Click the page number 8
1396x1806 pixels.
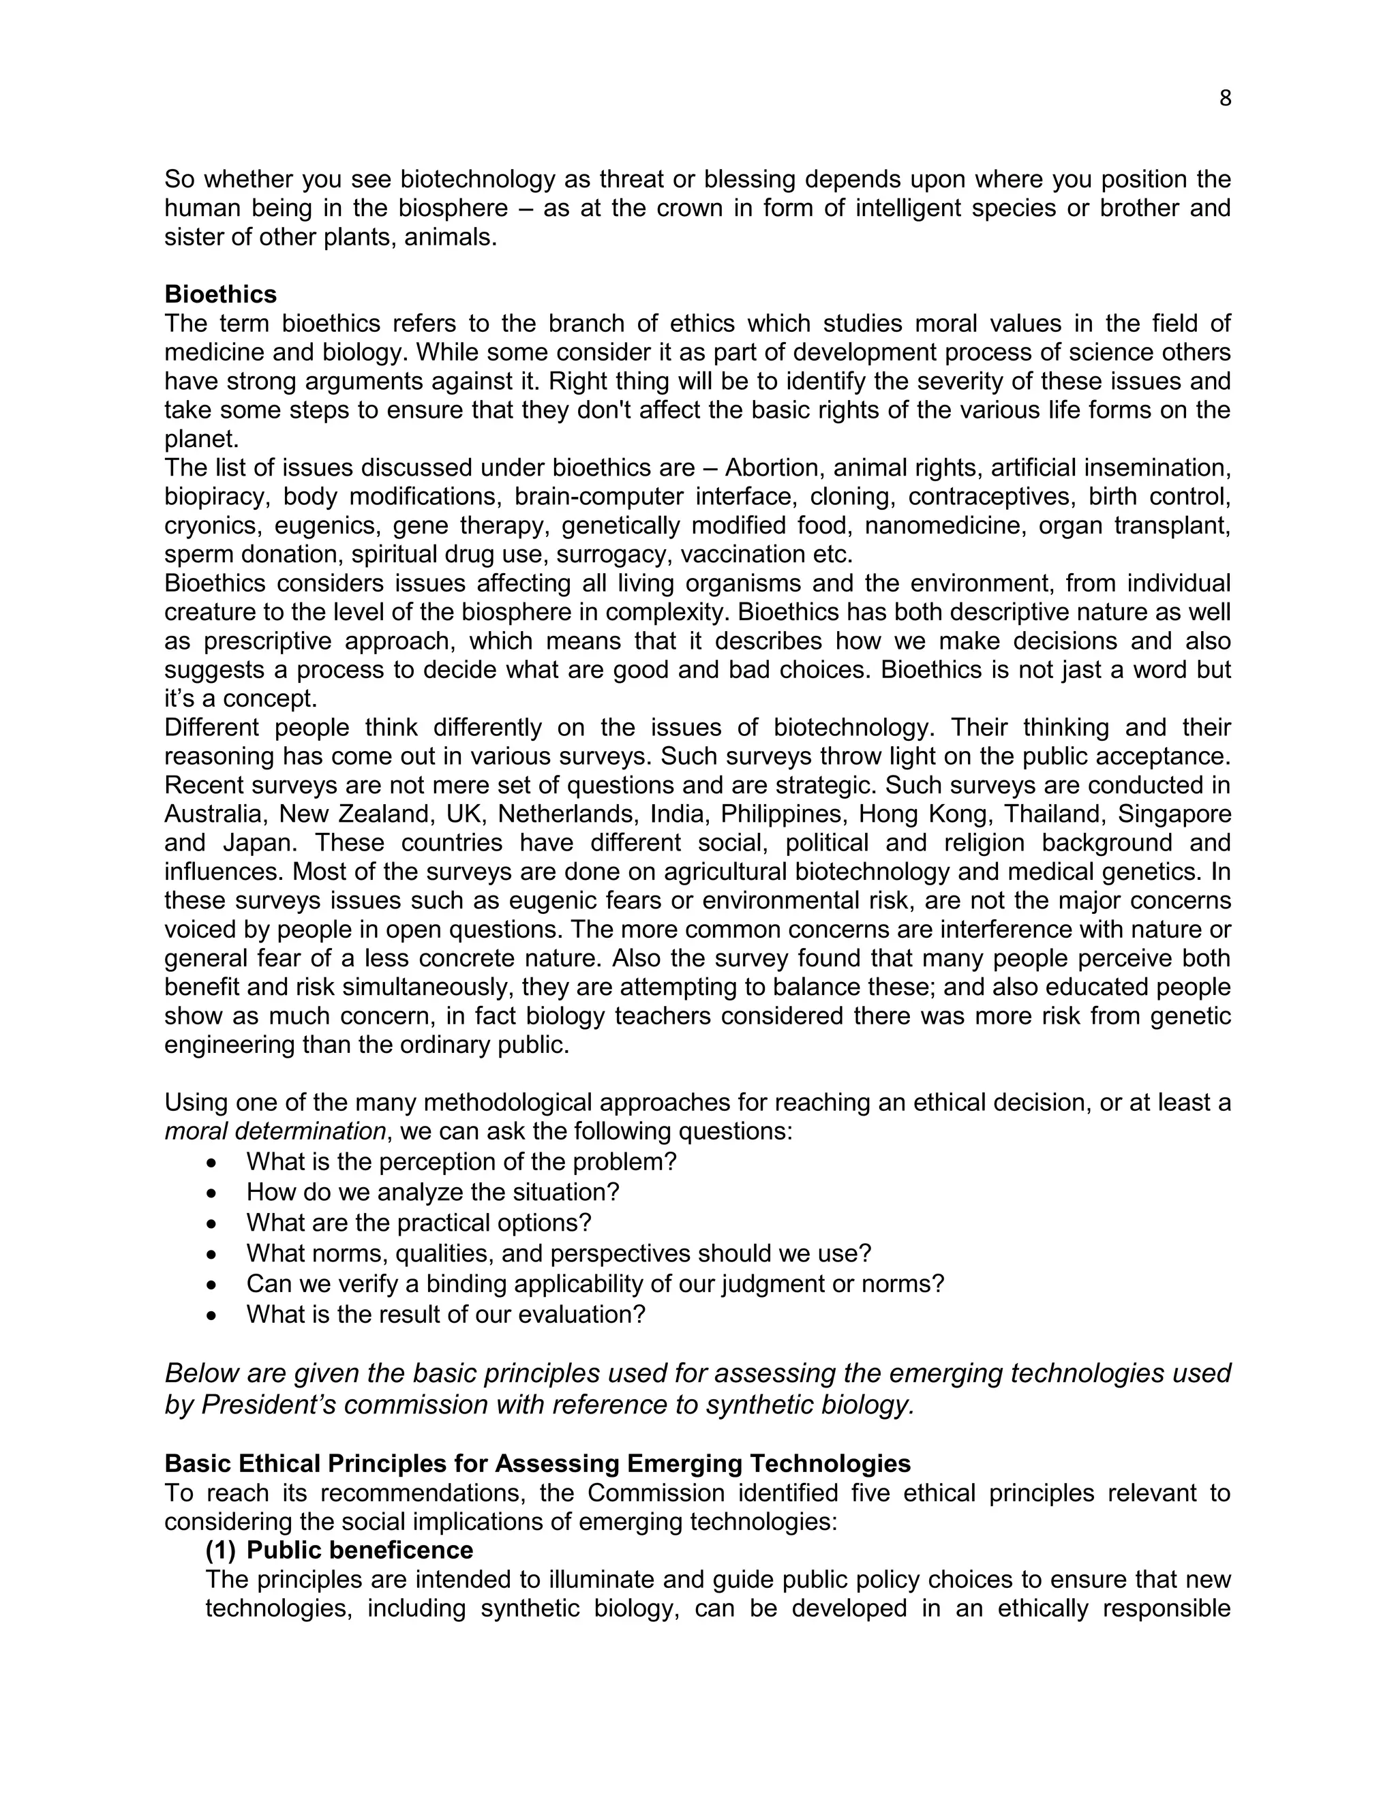1225,98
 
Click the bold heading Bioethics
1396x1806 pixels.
220,294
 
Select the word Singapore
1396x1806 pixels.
1174,814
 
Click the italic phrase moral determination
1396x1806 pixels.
275,1131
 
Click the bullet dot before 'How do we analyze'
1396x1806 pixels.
213,1194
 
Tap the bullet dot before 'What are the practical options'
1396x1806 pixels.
213,1225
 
